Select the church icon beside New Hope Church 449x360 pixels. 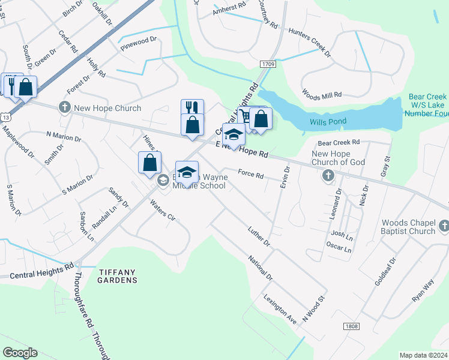[64, 108]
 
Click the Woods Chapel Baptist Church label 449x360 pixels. [408, 227]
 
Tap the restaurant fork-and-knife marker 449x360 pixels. [192, 107]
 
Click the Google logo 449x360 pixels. [20, 353]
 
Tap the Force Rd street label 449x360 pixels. [251, 175]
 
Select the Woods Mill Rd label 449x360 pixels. [322, 95]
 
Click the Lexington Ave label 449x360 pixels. [280, 310]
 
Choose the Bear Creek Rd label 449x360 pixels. [339, 143]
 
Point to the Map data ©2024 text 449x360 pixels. [423, 355]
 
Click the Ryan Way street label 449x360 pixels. [423, 290]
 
